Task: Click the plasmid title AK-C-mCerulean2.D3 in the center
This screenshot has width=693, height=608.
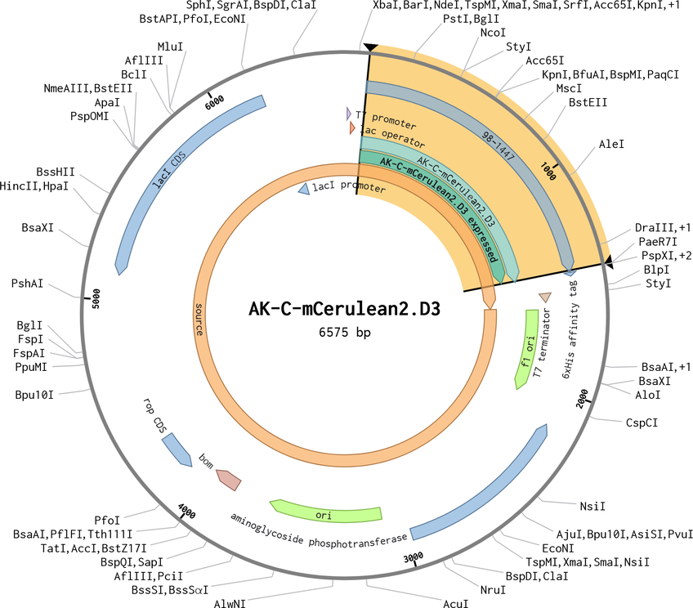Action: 344,309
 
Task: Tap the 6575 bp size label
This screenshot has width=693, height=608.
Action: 345,332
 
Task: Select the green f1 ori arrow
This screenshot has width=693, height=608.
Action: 527,349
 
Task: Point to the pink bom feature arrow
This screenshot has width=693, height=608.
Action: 229,480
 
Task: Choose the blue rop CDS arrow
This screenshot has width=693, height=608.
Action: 177,449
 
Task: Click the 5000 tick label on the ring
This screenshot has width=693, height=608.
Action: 96,298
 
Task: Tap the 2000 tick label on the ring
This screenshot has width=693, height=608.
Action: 583,399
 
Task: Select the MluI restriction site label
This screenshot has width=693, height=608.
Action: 170,47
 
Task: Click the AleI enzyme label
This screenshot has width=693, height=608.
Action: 611,144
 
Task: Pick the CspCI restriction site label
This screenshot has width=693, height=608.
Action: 642,422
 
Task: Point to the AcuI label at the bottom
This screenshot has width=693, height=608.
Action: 456,603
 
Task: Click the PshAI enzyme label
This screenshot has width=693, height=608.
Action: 28,284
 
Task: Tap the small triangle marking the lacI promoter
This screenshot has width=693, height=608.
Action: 304,189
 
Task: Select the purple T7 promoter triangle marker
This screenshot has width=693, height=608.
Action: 349,114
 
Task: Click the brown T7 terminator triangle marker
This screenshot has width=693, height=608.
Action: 545,297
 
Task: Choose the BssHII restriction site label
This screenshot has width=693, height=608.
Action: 56,172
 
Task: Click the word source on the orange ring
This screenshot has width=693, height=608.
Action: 199,320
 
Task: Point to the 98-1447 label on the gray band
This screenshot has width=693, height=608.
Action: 499,145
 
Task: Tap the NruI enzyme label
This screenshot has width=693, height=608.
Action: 493,590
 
